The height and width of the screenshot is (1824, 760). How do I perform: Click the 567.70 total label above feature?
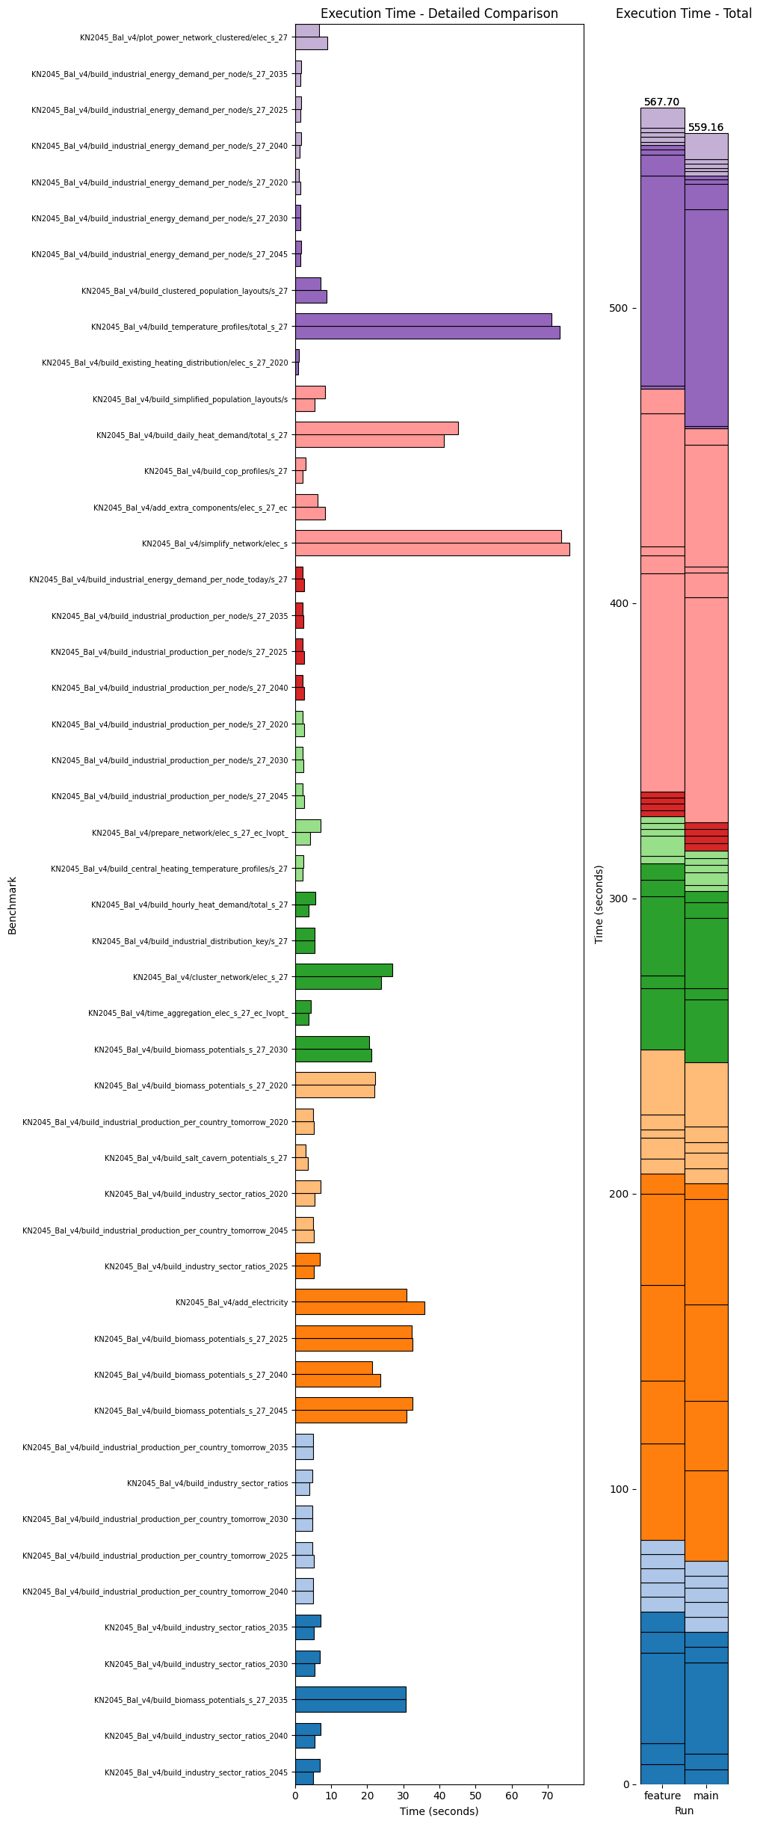click(661, 102)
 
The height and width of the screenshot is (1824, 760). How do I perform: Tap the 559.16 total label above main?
click(705, 128)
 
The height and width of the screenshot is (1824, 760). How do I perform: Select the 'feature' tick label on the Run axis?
click(662, 1796)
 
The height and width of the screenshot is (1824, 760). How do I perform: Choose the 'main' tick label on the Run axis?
click(706, 1796)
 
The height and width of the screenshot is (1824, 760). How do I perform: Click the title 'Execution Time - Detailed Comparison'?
click(439, 13)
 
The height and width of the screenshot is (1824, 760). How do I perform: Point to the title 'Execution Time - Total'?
click(683, 13)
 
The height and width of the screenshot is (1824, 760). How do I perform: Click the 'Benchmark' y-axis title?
click(12, 905)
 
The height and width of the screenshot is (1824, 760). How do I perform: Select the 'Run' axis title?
click(684, 1811)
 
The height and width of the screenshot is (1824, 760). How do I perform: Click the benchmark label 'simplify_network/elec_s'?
click(214, 543)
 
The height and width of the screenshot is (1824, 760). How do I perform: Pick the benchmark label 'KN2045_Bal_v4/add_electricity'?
click(232, 1302)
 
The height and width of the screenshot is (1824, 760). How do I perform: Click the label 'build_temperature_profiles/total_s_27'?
click(189, 327)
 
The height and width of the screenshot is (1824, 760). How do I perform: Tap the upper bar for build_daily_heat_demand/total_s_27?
click(377, 428)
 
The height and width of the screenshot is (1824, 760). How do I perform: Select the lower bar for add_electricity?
click(359, 1308)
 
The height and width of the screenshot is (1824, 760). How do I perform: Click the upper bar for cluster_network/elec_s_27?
click(344, 970)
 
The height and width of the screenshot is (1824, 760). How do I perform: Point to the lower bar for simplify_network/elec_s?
click(432, 549)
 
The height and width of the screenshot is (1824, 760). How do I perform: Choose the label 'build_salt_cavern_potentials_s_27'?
click(196, 1158)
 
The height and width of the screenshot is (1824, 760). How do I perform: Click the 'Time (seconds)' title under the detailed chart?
click(439, 1811)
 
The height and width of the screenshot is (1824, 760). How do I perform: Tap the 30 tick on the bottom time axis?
click(404, 1796)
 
